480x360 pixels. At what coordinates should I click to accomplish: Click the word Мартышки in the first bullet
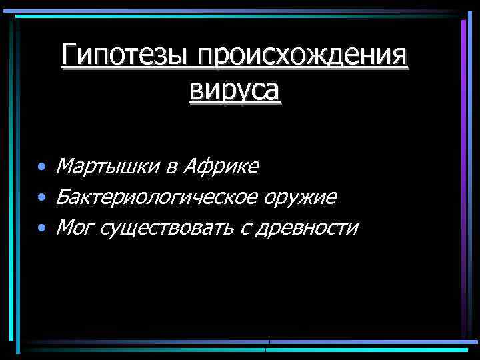tap(109, 165)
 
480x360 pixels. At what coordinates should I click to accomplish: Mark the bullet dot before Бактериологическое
tap(42, 197)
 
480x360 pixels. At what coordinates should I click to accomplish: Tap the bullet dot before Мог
tap(42, 229)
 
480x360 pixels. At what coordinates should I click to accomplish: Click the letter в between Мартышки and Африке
tap(171, 167)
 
